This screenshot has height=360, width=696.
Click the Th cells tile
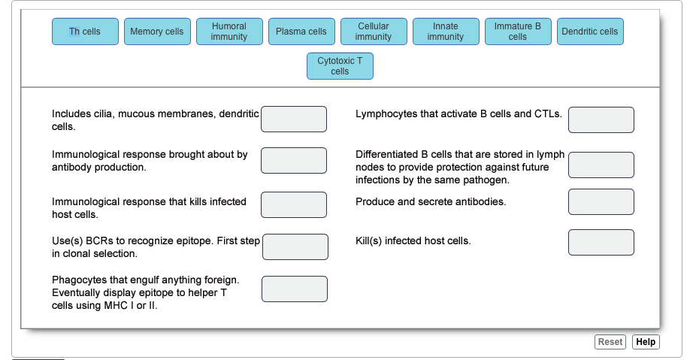click(x=85, y=32)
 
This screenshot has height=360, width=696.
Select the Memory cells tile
click(x=158, y=32)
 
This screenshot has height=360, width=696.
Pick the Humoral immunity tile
click(x=229, y=32)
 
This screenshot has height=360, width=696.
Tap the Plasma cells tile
click(x=302, y=32)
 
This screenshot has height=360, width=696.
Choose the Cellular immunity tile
click(x=374, y=32)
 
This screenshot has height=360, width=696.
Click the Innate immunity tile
click(x=446, y=32)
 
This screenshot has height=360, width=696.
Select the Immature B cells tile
click(x=518, y=32)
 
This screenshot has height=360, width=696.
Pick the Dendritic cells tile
click(x=590, y=32)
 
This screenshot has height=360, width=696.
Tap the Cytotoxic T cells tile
click(x=340, y=66)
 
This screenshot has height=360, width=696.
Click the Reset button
click(x=610, y=342)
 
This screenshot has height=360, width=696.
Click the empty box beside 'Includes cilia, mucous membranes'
click(x=294, y=119)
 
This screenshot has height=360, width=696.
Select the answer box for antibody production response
click(x=294, y=161)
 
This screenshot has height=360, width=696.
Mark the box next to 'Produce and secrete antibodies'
click(x=601, y=202)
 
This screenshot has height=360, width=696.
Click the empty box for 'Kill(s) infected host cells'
click(x=601, y=242)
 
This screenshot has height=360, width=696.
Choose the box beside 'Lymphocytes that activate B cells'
click(x=601, y=119)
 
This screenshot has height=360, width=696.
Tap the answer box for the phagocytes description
click(x=295, y=289)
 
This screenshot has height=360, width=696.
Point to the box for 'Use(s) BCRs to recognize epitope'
click(x=295, y=247)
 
